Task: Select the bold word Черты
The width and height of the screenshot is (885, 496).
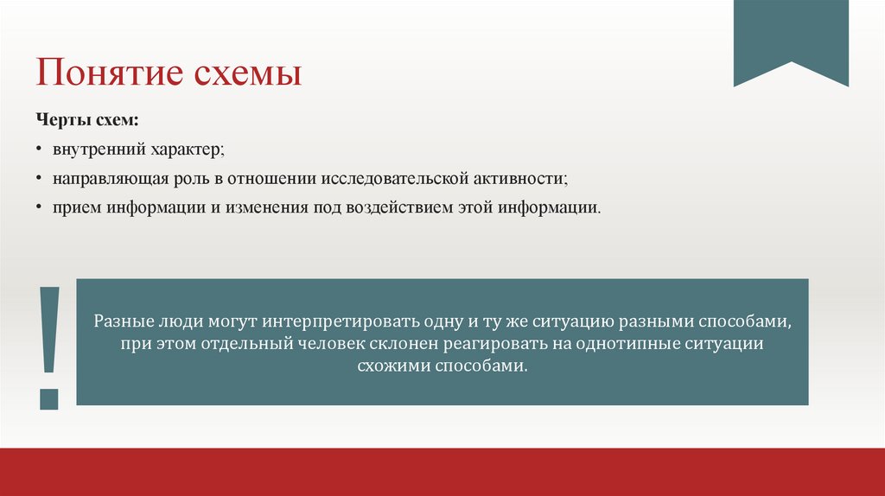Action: [x=60, y=118]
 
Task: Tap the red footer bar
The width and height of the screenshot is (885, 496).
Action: [x=442, y=472]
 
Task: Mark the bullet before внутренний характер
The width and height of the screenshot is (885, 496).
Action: [x=40, y=149]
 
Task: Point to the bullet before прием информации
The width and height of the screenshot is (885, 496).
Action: [x=40, y=209]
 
